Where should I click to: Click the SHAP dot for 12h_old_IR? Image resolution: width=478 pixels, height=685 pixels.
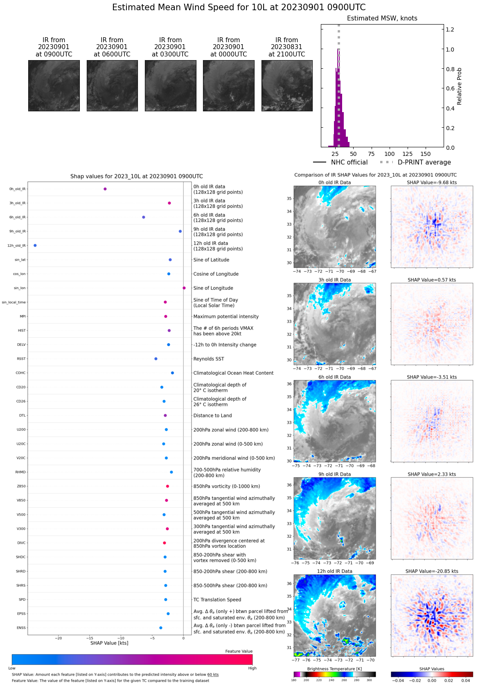35,246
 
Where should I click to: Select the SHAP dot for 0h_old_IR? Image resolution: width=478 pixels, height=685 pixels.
105,189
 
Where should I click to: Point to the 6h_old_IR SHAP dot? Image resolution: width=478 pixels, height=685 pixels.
144,217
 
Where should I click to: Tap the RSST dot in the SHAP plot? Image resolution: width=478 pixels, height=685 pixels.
156,359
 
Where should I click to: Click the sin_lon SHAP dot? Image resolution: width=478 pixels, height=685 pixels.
184,288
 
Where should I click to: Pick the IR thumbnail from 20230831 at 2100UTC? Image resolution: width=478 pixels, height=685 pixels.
287,86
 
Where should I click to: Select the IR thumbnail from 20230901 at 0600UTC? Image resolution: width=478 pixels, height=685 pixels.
112,86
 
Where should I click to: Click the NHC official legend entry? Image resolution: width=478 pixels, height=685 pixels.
340,162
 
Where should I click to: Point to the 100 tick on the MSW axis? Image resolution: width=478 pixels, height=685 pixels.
390,154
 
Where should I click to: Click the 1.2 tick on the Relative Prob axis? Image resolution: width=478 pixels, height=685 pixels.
450,29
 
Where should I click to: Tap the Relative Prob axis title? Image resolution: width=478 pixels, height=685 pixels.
459,86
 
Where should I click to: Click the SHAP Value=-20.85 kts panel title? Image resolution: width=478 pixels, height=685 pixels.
432,571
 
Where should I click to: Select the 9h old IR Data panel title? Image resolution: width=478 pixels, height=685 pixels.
334,474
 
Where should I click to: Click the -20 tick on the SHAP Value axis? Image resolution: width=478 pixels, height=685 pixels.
59,638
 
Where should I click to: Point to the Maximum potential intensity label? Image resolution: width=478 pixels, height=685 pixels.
226,316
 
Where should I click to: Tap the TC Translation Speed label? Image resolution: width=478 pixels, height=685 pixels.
217,599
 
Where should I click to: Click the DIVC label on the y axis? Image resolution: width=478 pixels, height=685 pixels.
21,543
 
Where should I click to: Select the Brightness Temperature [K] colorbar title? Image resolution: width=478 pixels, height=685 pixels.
334,669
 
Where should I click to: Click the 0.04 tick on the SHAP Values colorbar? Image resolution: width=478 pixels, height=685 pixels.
465,680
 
